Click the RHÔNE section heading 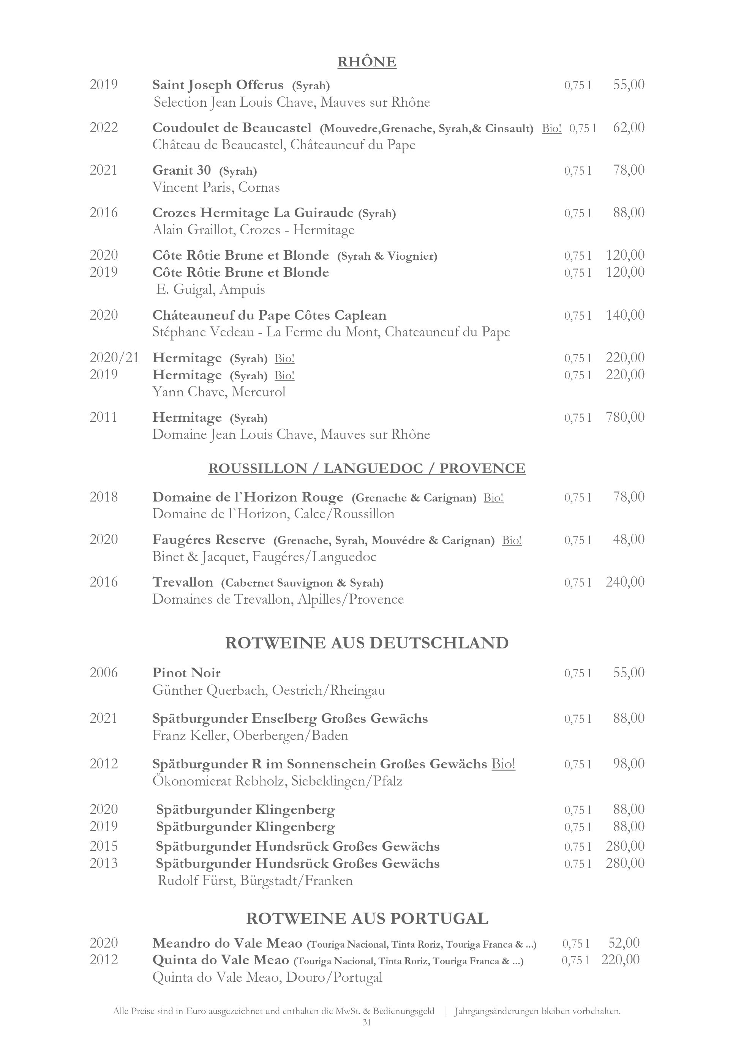[367, 62]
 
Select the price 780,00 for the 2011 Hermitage [625, 417]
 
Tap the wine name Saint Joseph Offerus [218, 85]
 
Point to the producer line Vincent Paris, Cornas [216, 188]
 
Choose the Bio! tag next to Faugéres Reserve [512, 540]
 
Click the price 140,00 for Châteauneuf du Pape [625, 315]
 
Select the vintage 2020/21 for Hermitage [114, 358]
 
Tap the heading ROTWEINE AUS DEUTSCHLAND [367, 643]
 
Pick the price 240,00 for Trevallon [625, 582]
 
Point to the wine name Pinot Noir [186, 673]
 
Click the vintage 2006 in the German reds [104, 673]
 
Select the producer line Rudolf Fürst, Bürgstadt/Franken [255, 881]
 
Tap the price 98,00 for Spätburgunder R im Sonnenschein [628, 764]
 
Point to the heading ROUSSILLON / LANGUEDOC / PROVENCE [367, 468]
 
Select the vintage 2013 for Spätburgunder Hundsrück [104, 863]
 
